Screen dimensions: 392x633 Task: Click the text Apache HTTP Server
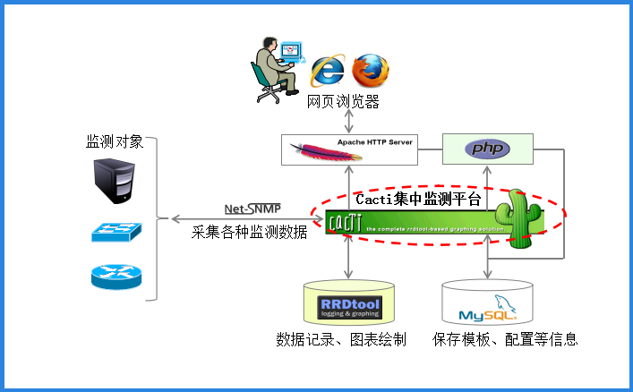coord(375,142)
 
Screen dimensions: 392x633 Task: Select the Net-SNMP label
coord(252,209)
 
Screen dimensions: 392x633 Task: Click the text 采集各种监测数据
coord(250,233)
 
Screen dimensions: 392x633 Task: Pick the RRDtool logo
coord(350,308)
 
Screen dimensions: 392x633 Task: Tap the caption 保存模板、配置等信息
coord(505,339)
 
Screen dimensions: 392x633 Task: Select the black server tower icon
coord(115,181)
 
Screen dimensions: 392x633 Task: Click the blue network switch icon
coord(115,231)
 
